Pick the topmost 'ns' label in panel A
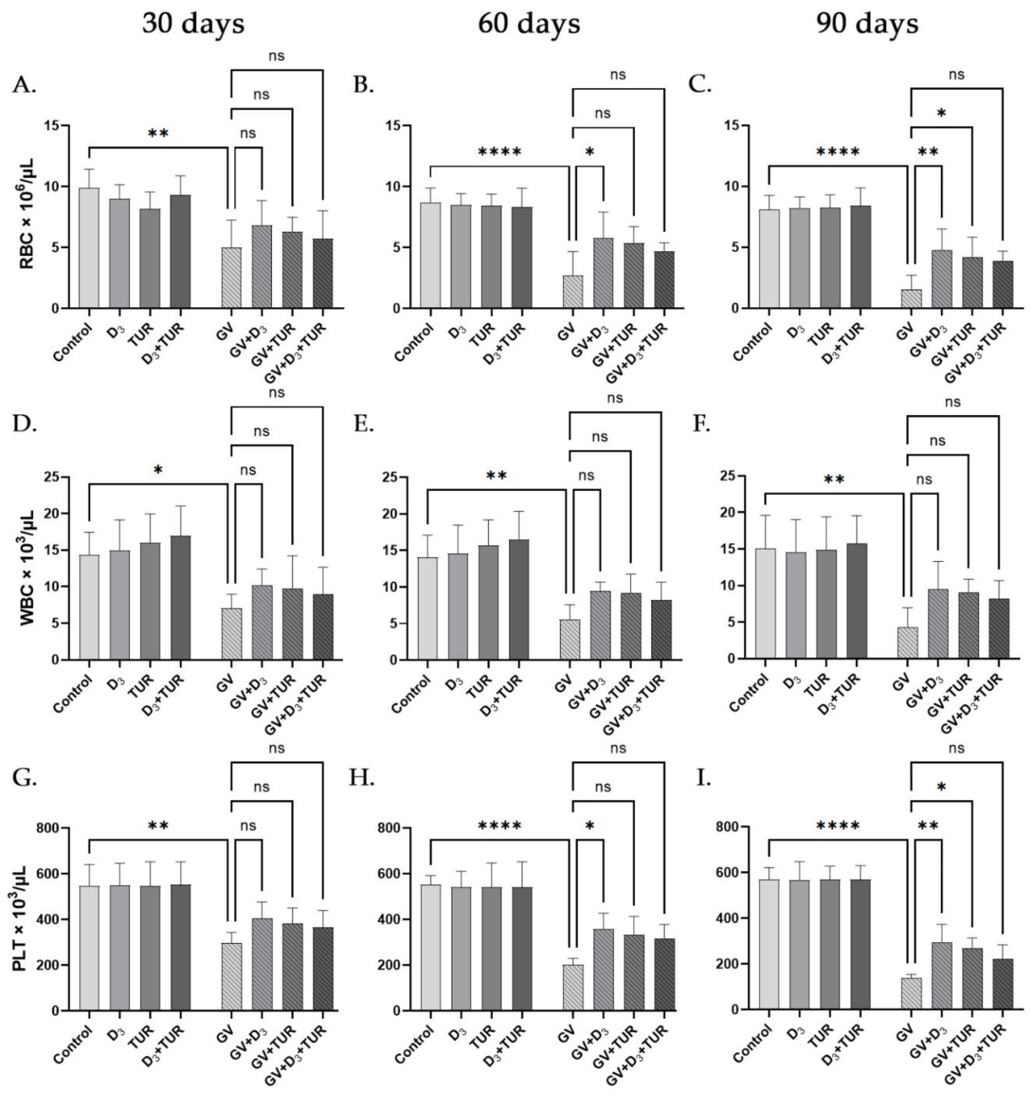pyautogui.click(x=276, y=56)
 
